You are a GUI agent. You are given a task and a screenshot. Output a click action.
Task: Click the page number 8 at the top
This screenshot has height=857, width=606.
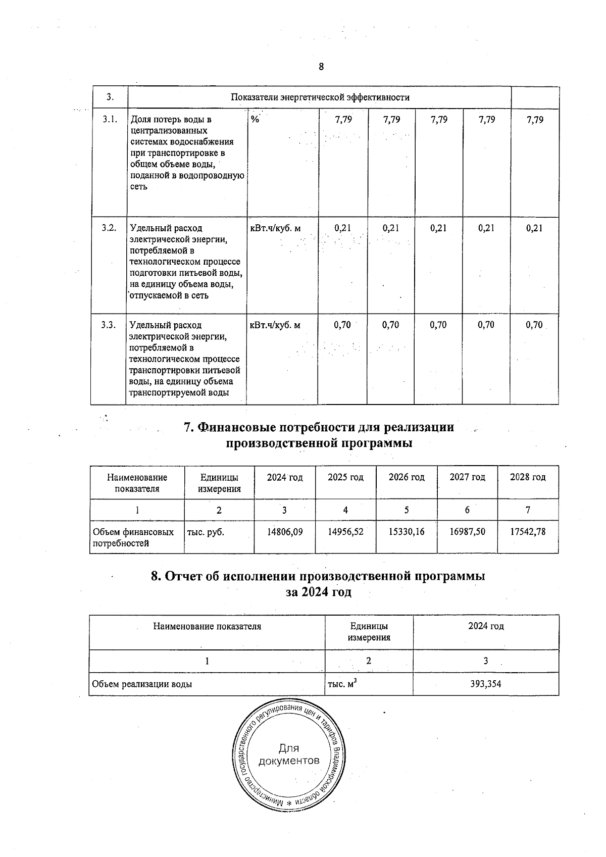321,67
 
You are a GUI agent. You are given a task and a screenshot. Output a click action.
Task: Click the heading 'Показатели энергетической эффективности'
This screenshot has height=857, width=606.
320,97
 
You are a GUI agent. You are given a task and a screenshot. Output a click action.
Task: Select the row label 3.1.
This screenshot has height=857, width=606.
110,120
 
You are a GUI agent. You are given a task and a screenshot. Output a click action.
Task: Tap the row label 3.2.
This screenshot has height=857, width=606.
109,228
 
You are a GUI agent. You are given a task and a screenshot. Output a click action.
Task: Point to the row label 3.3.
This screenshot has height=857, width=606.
109,325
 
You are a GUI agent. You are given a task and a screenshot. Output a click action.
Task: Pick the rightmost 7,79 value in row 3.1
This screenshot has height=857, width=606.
534,120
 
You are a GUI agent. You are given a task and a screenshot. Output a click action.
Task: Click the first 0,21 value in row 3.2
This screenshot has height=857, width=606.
342,228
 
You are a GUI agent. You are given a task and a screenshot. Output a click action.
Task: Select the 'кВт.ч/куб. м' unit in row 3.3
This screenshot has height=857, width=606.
275,325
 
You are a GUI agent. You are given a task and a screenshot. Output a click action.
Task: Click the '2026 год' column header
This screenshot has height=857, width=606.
406,477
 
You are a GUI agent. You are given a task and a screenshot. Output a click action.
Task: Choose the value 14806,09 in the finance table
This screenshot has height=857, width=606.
285,532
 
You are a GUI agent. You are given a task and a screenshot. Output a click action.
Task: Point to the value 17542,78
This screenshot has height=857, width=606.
528,532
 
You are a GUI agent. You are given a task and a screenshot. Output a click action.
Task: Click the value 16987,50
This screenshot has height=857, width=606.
467,532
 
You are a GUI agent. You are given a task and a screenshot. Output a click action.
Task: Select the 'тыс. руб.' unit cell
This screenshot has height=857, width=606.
206,532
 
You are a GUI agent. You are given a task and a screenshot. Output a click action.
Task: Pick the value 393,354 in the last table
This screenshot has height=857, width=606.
485,684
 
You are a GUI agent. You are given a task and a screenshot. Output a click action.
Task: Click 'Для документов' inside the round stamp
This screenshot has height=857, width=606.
288,754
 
